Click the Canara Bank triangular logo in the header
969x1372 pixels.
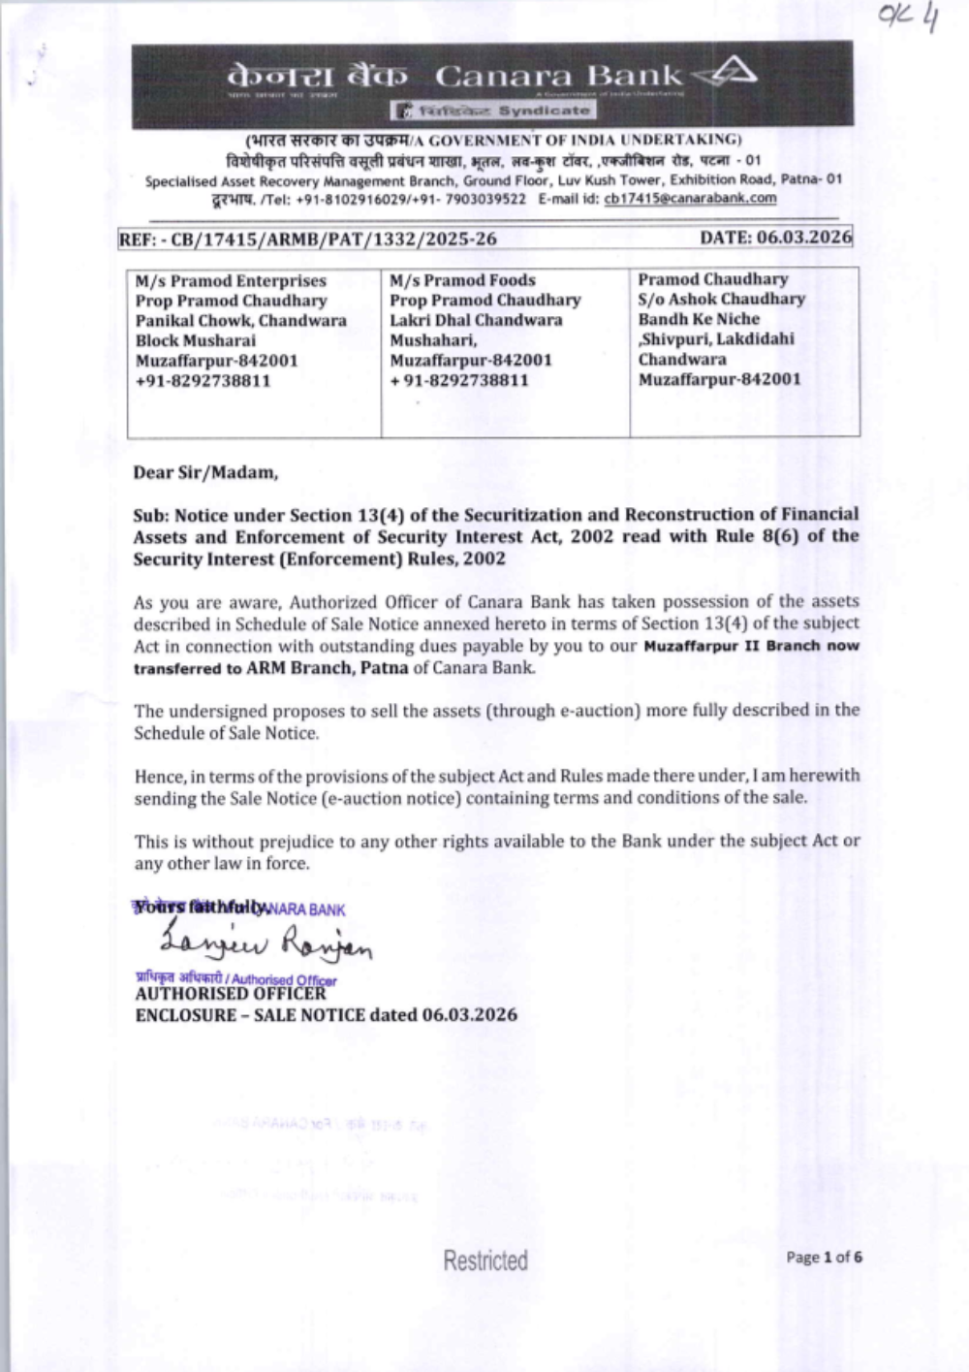pyautogui.click(x=726, y=74)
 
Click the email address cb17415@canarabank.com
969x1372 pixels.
pyautogui.click(x=690, y=199)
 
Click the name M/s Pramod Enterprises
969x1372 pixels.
pyautogui.click(x=231, y=281)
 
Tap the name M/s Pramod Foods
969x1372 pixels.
pyautogui.click(x=462, y=280)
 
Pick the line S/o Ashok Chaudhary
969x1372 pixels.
pyautogui.click(x=721, y=300)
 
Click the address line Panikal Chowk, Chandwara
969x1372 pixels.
pyautogui.click(x=240, y=321)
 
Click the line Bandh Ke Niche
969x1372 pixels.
pyautogui.click(x=699, y=319)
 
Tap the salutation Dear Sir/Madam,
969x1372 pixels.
pyautogui.click(x=205, y=473)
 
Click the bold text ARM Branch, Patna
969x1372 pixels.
pyautogui.click(x=327, y=668)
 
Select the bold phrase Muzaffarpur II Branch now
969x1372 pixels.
pyautogui.click(x=751, y=646)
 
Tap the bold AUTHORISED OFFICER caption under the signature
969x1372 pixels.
pyautogui.click(x=231, y=995)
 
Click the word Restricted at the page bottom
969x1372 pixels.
pyautogui.click(x=485, y=1260)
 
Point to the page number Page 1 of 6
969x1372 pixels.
pyautogui.click(x=824, y=1258)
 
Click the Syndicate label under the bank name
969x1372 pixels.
pyautogui.click(x=543, y=111)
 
